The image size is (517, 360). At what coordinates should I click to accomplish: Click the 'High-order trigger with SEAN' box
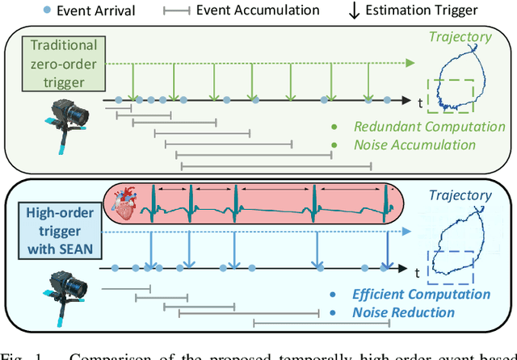point(58,228)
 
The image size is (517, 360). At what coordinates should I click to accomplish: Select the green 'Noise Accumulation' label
point(405,144)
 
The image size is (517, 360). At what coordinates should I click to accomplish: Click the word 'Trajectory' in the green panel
point(460,36)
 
